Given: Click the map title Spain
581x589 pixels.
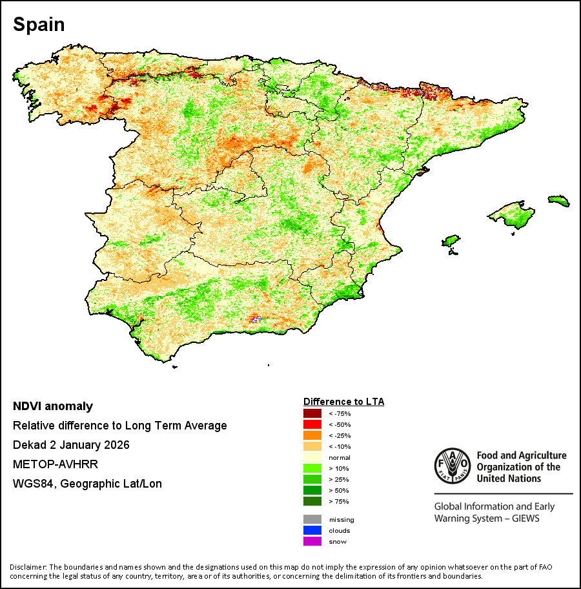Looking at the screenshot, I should coord(39,25).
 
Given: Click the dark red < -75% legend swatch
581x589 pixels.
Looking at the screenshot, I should coord(312,413).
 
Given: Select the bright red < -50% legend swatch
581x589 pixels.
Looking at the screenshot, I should coord(312,424).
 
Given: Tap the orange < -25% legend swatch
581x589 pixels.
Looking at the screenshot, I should coord(312,435).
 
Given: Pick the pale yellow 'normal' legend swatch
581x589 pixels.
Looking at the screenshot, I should coord(312,457).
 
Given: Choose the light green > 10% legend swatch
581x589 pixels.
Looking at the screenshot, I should coord(312,468).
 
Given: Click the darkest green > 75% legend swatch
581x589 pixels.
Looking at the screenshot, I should coord(312,501).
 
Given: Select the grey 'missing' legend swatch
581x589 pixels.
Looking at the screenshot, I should coord(312,519).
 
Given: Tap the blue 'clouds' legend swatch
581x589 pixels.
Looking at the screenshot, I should coord(312,530).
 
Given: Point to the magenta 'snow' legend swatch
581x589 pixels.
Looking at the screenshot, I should coord(312,541).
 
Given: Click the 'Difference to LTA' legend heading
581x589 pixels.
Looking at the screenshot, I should coord(343,401).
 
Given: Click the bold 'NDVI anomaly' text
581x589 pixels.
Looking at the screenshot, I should coord(53,406).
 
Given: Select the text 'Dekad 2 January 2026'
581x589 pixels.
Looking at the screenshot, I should coord(71,445).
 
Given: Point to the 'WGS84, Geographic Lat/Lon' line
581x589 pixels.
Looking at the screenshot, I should coord(87,484).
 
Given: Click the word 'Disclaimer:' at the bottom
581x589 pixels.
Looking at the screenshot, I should coord(28,567).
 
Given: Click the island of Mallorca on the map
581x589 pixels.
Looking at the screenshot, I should coord(511,214).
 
